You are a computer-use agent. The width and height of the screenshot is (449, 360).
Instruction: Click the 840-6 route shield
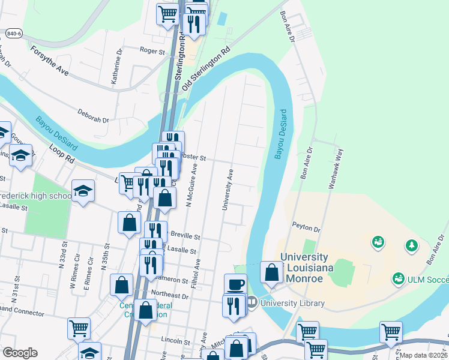(14, 34)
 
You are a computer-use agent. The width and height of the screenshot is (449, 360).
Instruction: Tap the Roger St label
(152, 52)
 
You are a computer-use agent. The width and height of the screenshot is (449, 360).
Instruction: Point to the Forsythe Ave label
(50, 61)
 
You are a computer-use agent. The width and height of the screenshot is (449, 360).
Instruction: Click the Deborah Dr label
(93, 116)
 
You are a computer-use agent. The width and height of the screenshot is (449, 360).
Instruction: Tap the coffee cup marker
(235, 283)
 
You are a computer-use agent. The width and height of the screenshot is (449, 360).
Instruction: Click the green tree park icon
(411, 245)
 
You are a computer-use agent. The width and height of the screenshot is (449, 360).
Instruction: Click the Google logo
(20, 353)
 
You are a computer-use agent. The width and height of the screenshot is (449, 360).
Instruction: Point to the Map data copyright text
(424, 355)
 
